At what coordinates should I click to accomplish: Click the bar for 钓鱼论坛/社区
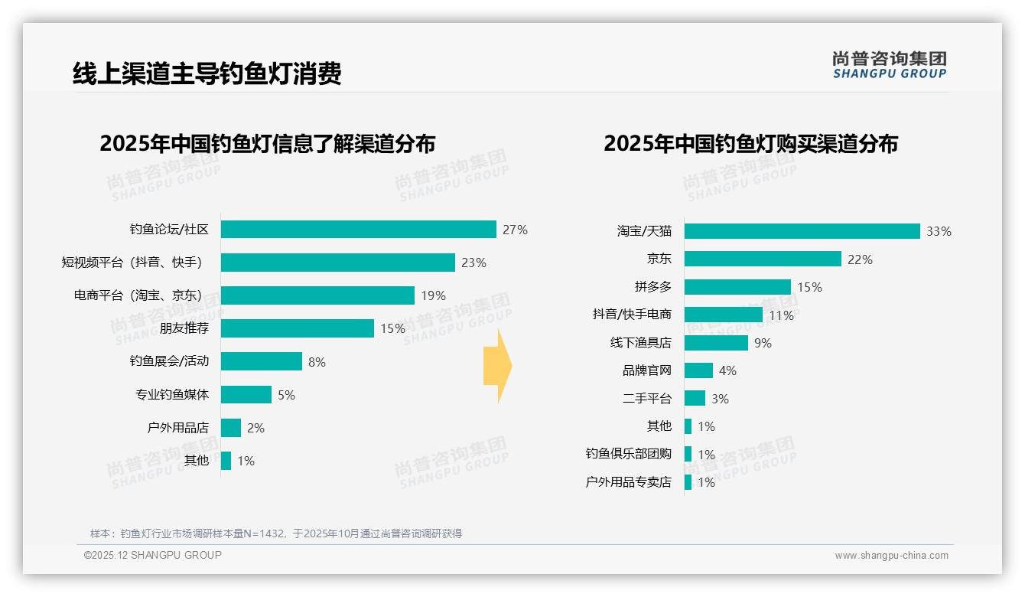click(x=358, y=230)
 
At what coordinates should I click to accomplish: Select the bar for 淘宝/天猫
click(x=802, y=231)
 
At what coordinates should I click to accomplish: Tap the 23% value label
click(x=473, y=263)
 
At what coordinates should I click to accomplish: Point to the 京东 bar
click(x=763, y=259)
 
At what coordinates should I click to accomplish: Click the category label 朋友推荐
click(x=184, y=328)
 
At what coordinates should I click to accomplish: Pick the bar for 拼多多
click(x=737, y=287)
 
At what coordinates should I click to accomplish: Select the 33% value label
click(x=939, y=231)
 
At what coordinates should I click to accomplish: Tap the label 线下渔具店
click(x=640, y=343)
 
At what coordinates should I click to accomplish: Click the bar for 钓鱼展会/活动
click(x=262, y=361)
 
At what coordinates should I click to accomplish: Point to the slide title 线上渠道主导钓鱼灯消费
click(x=207, y=73)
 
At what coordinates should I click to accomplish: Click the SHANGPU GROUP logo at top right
click(x=889, y=65)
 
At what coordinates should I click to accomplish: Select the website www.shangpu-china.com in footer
click(x=891, y=556)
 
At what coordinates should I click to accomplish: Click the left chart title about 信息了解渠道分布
click(x=267, y=144)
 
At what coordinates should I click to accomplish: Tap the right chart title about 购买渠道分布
click(x=750, y=144)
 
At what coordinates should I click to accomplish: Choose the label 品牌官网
click(x=646, y=370)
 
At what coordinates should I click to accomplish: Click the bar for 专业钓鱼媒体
click(x=246, y=395)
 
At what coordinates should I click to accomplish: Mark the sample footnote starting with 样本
click(x=276, y=533)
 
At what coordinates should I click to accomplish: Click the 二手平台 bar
click(x=695, y=399)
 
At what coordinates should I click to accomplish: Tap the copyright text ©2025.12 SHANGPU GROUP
click(x=153, y=555)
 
